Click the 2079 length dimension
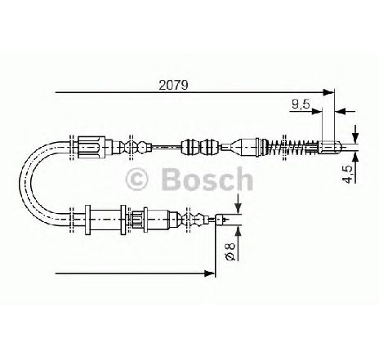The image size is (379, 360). [174, 86]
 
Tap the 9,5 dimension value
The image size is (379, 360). [301, 104]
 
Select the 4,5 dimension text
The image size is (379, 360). [348, 175]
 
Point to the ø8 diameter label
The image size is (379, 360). [230, 252]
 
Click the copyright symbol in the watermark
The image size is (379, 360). [137, 180]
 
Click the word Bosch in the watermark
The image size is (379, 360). [207, 179]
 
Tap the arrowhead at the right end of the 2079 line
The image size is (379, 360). [328, 92]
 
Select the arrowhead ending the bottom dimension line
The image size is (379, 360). [209, 273]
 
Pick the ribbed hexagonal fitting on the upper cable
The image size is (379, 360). [91, 147]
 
